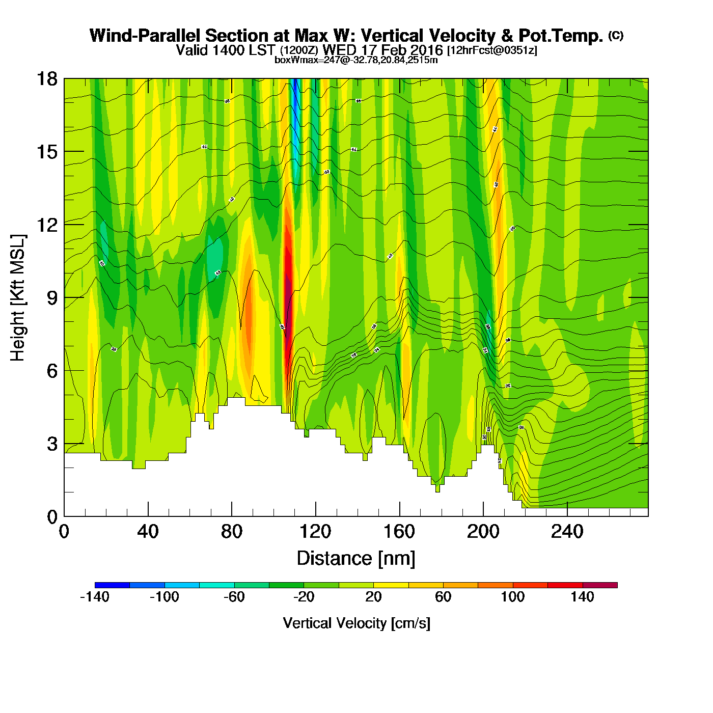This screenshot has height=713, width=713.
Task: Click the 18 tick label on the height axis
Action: pyautogui.click(x=46, y=79)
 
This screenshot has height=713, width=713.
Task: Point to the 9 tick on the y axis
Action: pyautogui.click(x=52, y=298)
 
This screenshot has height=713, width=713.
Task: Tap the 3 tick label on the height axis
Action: pyautogui.click(x=52, y=444)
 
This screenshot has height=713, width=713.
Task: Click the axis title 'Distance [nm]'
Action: pyautogui.click(x=356, y=559)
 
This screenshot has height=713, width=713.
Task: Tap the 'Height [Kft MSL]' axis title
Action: pyautogui.click(x=18, y=298)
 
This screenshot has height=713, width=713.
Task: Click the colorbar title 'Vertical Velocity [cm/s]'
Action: pyautogui.click(x=356, y=623)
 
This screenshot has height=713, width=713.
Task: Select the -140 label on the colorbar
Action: pyautogui.click(x=95, y=597)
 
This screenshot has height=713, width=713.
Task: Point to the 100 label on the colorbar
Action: pyautogui.click(x=512, y=597)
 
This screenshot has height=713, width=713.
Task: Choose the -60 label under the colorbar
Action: pyautogui.click(x=234, y=597)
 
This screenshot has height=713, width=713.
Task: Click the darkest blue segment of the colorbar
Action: pyautogui.click(x=112, y=585)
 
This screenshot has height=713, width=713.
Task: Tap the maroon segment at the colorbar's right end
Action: pyautogui.click(x=600, y=585)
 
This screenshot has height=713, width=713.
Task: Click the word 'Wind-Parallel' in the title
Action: pyautogui.click(x=145, y=36)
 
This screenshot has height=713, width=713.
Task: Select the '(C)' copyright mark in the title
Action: pyautogui.click(x=616, y=35)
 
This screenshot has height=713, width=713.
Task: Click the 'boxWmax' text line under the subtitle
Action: pyautogui.click(x=356, y=60)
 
